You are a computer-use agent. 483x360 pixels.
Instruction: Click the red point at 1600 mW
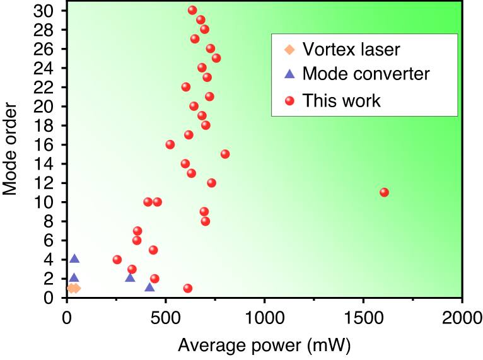[384, 192]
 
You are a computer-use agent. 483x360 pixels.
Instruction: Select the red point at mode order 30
[192, 10]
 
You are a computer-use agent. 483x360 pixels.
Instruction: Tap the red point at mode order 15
[225, 154]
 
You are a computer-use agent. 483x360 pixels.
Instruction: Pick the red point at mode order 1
[188, 288]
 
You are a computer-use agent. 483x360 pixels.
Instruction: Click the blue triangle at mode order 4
[74, 258]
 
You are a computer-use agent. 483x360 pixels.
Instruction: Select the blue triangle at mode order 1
[149, 287]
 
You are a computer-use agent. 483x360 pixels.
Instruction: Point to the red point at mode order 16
[170, 144]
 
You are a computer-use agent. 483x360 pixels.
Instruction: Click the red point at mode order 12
[212, 183]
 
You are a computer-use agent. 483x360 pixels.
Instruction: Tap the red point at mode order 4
[117, 259]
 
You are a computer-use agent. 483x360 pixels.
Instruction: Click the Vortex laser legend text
[351, 49]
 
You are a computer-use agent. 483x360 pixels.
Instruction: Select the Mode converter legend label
[366, 74]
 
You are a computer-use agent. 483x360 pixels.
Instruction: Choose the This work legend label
[341, 100]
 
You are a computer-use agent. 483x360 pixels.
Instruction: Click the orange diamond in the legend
[289, 49]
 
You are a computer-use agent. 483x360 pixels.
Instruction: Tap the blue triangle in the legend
[289, 74]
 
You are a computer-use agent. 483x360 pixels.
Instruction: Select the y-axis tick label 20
[49, 106]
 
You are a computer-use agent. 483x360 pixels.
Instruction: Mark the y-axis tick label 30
[49, 11]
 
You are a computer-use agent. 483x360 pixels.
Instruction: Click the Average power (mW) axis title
[264, 345]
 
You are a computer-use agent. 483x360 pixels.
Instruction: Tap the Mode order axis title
[11, 154]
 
